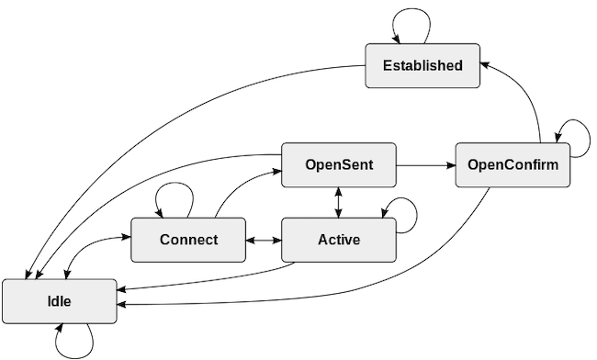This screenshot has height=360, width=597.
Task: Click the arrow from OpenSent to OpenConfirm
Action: tap(425, 165)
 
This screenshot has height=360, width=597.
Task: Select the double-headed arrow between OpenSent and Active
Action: tap(339, 203)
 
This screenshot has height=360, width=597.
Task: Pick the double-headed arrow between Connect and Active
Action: tap(263, 241)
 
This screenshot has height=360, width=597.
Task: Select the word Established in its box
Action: tap(422, 65)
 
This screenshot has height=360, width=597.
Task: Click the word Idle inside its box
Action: tap(60, 301)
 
